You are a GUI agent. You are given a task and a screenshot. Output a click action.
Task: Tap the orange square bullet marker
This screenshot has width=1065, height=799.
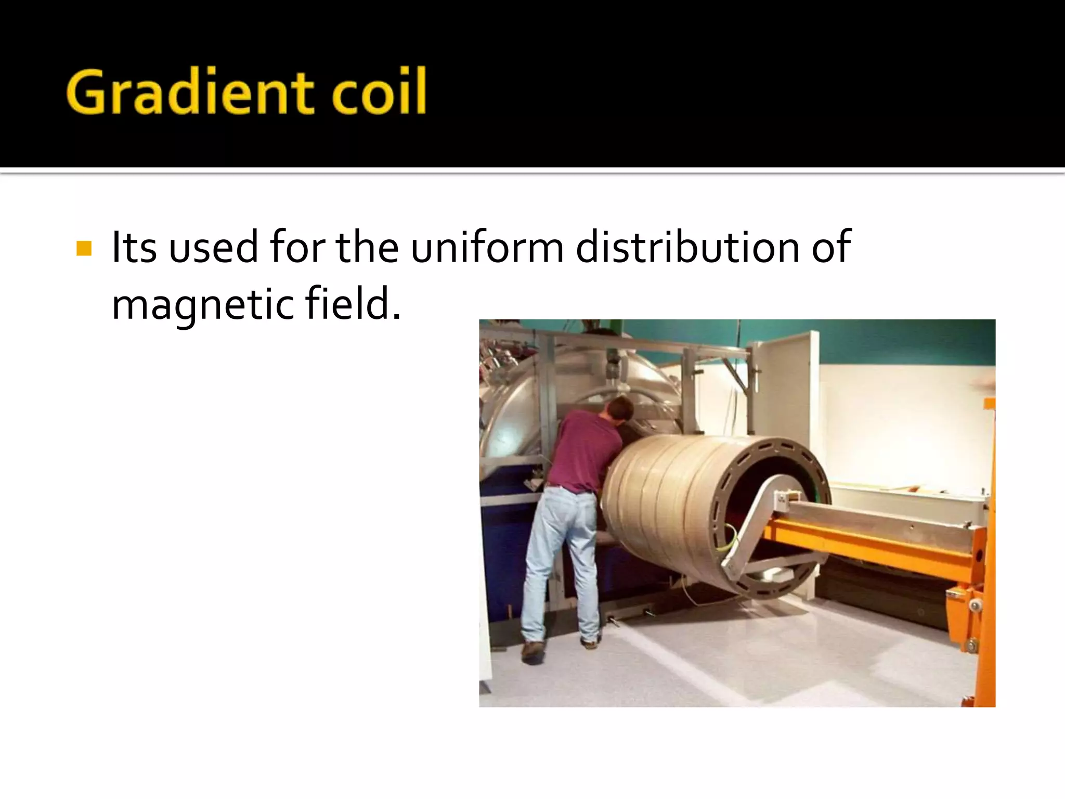(x=84, y=248)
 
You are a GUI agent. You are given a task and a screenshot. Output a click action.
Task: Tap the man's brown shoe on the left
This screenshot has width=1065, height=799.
(x=533, y=650)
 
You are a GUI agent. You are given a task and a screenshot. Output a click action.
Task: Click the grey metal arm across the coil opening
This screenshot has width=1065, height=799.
(x=754, y=525)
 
